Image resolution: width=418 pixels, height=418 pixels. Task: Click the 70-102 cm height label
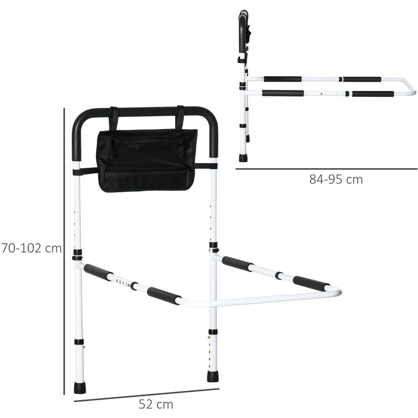pyautogui.click(x=31, y=248)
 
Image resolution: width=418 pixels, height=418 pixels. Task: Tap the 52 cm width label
pyautogui.click(x=156, y=404)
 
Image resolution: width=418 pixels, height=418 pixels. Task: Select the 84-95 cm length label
pyautogui.click(x=335, y=179)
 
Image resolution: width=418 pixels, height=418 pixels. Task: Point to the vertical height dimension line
pyautogui.click(x=64, y=251)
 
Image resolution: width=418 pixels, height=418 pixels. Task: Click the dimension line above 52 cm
pyautogui.click(x=146, y=395)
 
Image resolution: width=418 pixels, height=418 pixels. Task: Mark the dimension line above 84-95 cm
pyautogui.click(x=326, y=169)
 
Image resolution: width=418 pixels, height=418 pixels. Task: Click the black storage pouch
pyautogui.click(x=147, y=159)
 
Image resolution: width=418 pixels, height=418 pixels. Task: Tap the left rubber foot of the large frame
pyautogui.click(x=79, y=388)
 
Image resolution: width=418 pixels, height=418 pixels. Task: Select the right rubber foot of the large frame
pyautogui.click(x=213, y=376)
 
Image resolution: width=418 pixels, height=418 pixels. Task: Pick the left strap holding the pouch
pyautogui.click(x=113, y=119)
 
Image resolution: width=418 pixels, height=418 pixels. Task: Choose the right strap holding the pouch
pyautogui.click(x=180, y=118)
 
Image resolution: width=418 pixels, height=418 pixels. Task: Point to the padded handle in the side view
pyautogui.click(x=243, y=31)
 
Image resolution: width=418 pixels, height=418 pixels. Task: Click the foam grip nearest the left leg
pyautogui.click(x=98, y=272)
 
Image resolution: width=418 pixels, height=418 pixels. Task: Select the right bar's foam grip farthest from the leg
pyautogui.click(x=311, y=284)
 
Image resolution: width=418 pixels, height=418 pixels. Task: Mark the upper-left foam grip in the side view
pyautogui.click(x=282, y=79)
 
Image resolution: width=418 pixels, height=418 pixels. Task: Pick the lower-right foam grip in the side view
pyautogui.click(x=373, y=94)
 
